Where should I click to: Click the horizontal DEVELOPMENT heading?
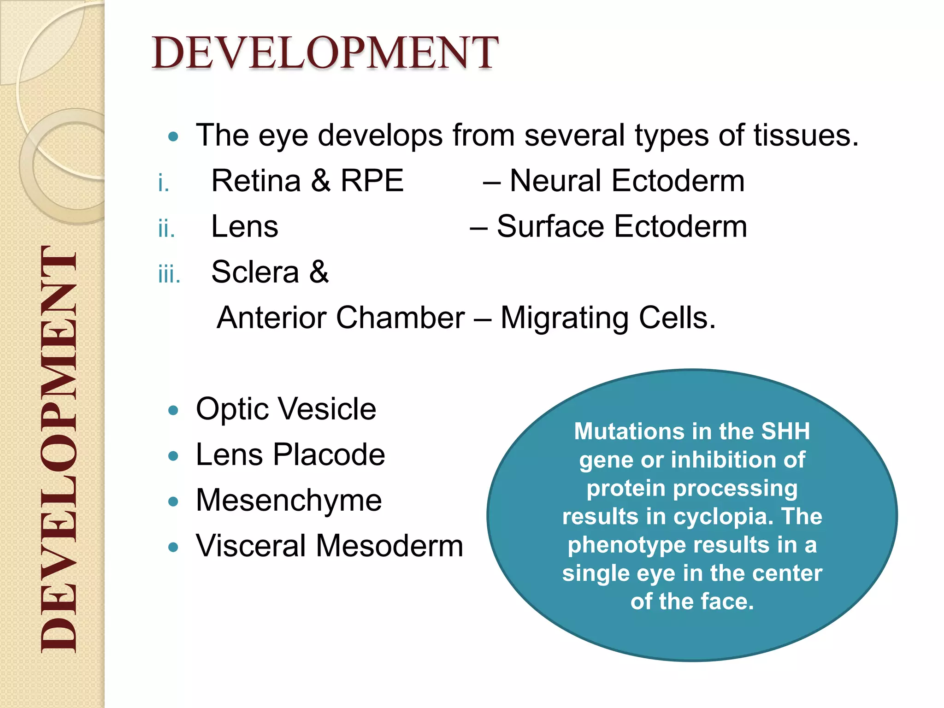click(324, 53)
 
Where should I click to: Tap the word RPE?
click(372, 181)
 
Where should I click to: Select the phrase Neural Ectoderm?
click(627, 181)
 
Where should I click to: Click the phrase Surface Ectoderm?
click(622, 227)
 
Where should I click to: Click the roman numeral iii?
click(169, 275)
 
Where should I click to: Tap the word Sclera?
click(255, 272)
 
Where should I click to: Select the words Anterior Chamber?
click(341, 318)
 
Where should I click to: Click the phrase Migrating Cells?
click(608, 318)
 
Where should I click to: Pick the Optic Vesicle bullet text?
click(286, 409)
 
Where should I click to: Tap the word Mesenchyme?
click(289, 501)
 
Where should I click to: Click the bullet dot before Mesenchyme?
click(173, 501)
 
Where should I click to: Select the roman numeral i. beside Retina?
click(163, 183)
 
